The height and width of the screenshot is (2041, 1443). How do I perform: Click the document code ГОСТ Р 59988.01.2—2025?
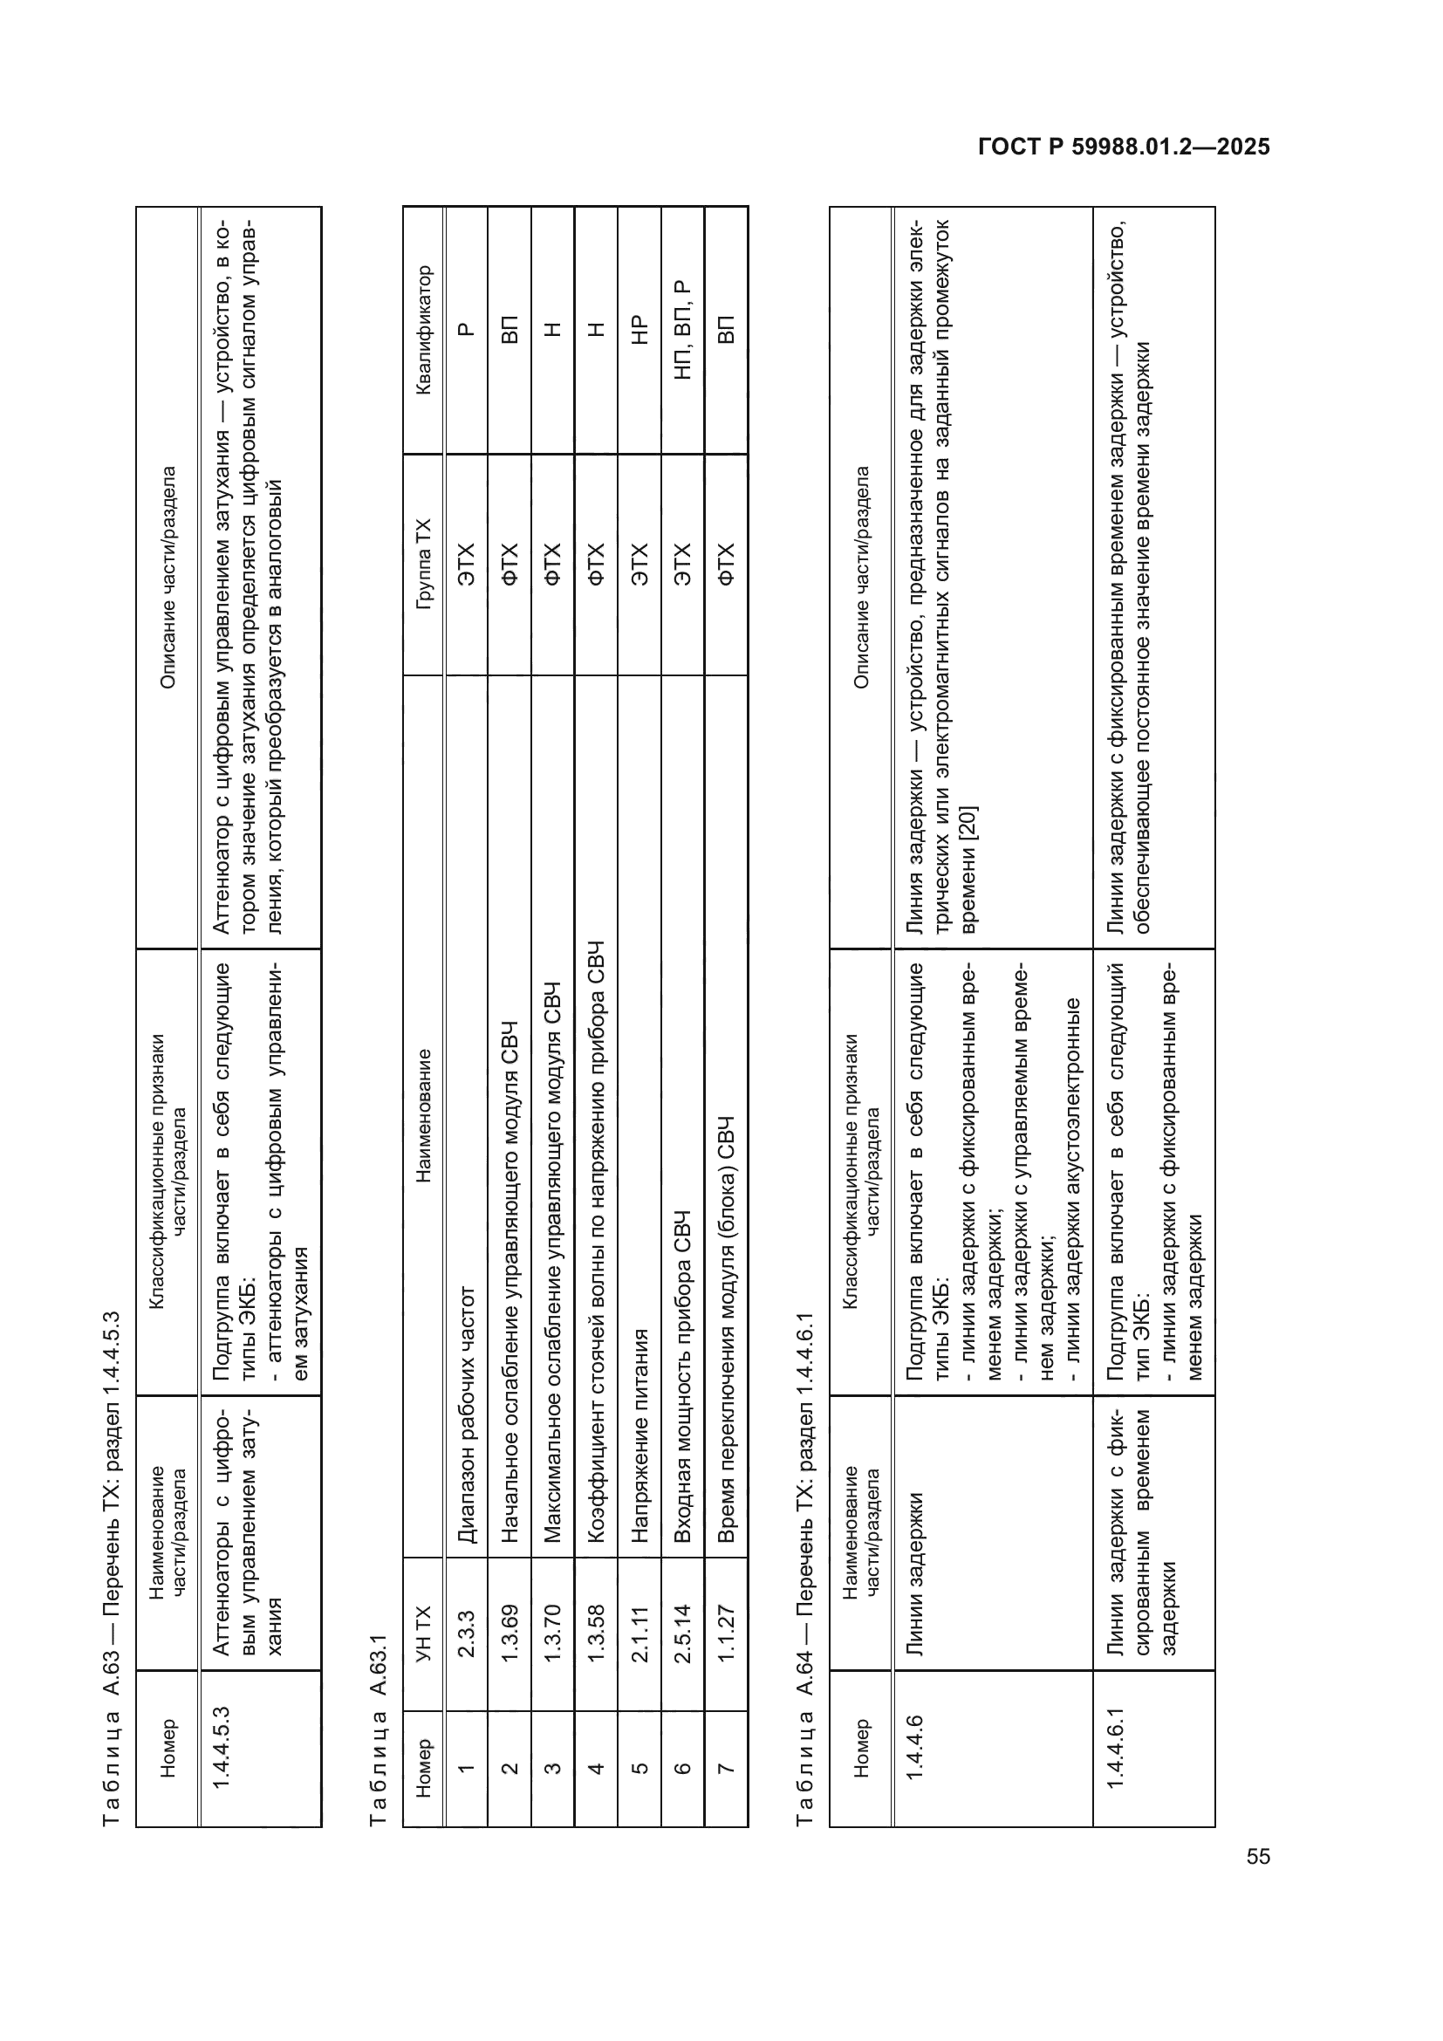coord(1123,147)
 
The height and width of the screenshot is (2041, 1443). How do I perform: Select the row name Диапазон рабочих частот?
coord(466,1415)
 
